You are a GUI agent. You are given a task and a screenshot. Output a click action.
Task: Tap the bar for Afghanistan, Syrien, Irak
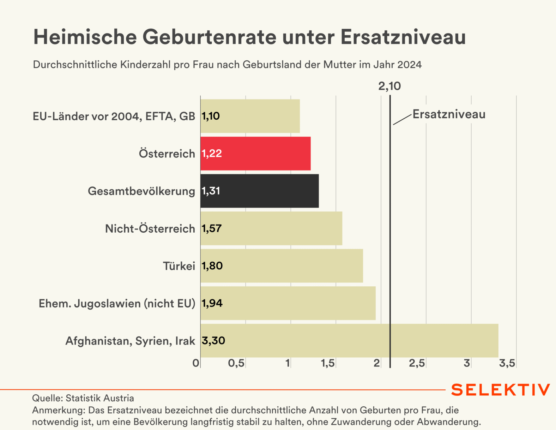pos(349,341)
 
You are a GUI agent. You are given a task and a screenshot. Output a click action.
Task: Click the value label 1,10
pos(211,116)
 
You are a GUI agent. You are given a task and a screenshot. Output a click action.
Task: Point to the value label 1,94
pos(212,303)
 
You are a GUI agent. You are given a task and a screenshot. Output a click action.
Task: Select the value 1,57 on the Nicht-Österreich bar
pos(212,228)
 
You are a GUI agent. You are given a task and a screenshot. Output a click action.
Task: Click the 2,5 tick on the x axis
pos(417,363)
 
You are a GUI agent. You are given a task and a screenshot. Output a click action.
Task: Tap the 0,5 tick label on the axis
pos(236,363)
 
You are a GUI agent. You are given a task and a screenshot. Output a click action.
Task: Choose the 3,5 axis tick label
pos(507,363)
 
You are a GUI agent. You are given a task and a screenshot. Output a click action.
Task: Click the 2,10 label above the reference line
pos(389,86)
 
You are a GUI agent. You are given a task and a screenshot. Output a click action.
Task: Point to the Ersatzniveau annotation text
pos(449,114)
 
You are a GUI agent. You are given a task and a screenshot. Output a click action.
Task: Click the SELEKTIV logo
pos(500,390)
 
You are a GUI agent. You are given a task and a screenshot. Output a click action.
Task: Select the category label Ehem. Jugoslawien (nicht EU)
pos(117,304)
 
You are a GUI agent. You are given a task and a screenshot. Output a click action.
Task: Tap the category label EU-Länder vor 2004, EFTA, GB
pos(114,117)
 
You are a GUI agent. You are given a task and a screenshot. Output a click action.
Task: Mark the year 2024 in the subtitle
pos(409,65)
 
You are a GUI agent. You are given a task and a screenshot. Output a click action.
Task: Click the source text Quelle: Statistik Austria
pos(83,398)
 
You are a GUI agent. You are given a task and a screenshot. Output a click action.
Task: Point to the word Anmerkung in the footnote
pos(59,410)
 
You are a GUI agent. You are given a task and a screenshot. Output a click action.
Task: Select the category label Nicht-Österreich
pos(150,229)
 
